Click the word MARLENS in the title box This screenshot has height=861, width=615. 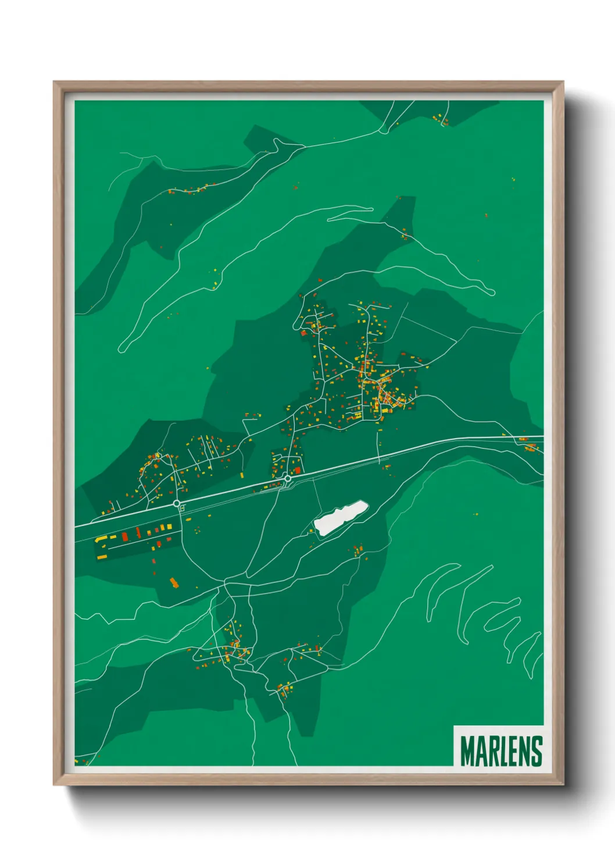pos(501,751)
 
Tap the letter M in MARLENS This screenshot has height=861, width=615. pos(467,751)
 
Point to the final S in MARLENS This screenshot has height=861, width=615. pos(536,751)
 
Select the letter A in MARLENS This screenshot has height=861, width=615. pos(481,751)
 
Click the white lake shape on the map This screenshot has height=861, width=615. pos(340,517)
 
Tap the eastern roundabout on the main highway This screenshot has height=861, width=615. pos(287,478)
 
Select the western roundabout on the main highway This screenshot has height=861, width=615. pos(177,503)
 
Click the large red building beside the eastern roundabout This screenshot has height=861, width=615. pos(298,470)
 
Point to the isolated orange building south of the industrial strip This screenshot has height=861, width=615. pos(174,582)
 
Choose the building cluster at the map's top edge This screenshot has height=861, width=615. pos(441,120)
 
